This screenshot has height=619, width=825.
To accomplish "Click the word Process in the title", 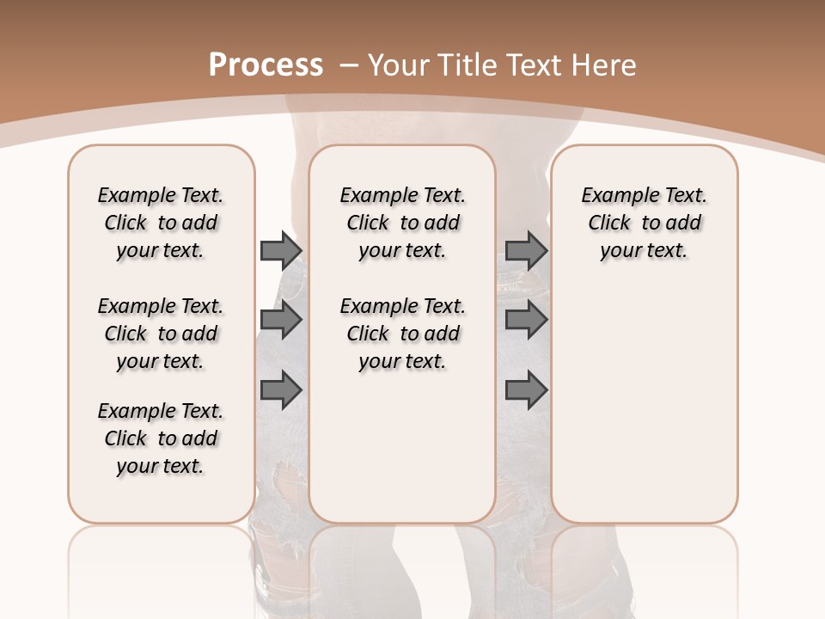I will (x=266, y=64).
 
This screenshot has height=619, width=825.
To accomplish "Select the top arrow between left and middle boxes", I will (x=281, y=250).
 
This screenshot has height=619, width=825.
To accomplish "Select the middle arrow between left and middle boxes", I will (x=281, y=320).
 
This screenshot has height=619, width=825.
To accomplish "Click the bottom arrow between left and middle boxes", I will (x=281, y=390).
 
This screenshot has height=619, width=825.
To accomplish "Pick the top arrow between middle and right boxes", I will (x=526, y=250).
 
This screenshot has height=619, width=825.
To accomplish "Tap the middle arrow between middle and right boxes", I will (x=526, y=320).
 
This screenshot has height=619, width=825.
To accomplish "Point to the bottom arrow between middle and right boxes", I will (x=526, y=390).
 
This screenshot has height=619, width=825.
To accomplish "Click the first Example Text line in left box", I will (x=161, y=195).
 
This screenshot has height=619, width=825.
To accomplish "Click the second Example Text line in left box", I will (x=161, y=306).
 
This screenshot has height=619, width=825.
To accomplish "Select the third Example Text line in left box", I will (x=161, y=411).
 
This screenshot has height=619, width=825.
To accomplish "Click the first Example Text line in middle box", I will (x=402, y=195).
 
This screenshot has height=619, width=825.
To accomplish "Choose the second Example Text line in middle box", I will (x=402, y=306).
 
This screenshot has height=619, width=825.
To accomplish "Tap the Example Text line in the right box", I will (x=644, y=195).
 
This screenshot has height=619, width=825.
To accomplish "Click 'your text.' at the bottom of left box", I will (x=161, y=466).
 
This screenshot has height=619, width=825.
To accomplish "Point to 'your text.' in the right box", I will (x=644, y=250).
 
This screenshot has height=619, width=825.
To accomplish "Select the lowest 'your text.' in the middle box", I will (x=402, y=361).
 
